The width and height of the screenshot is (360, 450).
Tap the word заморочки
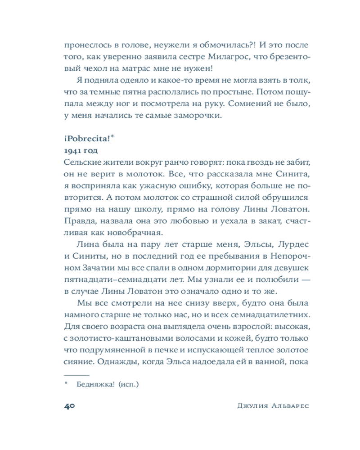click(x=198, y=115)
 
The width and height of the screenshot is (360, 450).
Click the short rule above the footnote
click(x=76, y=373)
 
